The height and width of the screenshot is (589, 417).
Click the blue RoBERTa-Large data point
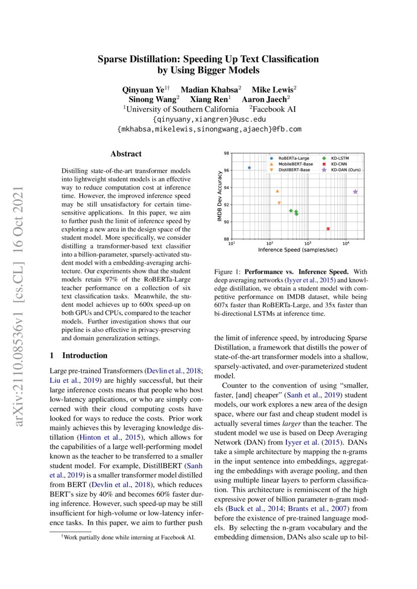(x=249, y=167)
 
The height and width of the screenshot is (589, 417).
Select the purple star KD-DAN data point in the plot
(x=355, y=192)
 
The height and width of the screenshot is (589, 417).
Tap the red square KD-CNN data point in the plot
(x=328, y=229)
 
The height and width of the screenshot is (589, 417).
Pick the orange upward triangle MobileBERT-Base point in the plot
(x=277, y=191)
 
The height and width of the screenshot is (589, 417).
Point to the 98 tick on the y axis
(x=226, y=153)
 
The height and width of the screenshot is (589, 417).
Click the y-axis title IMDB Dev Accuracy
(x=219, y=195)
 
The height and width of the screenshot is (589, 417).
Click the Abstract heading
(x=126, y=154)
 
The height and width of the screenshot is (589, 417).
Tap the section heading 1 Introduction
(x=78, y=355)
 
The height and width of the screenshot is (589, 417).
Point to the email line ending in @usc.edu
(x=209, y=119)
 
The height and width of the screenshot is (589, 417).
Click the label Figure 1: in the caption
(x=228, y=272)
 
